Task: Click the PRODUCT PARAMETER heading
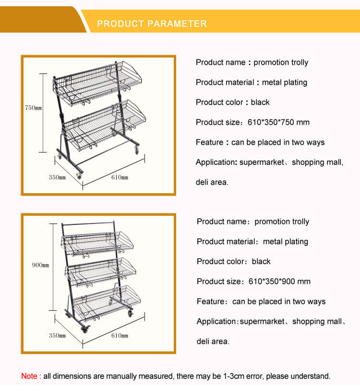coord(152,23)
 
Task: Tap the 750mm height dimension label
coord(34,108)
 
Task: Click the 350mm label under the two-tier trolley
coord(57,177)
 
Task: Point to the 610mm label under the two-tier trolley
coord(120,177)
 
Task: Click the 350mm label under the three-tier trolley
coord(57,335)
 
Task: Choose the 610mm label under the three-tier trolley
coord(120,335)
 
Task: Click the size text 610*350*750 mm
coord(278,122)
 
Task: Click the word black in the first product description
coord(260,102)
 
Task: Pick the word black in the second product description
coord(261,261)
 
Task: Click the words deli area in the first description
coord(212,182)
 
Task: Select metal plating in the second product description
coord(286,242)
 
